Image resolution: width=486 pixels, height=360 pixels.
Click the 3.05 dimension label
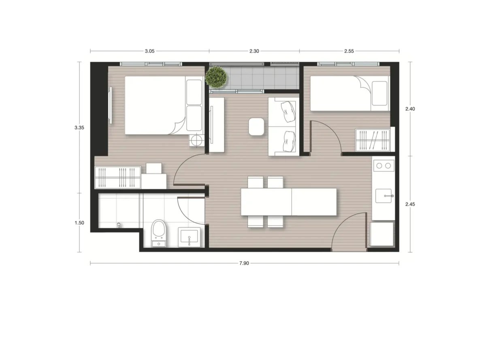[149, 51]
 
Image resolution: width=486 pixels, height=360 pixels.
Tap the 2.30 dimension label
[254, 51]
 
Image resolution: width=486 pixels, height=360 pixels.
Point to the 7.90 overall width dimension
[244, 263]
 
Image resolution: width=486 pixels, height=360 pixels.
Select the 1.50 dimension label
[79, 223]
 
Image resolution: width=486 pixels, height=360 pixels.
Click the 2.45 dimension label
[410, 204]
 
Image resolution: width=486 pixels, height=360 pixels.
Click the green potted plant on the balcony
[216, 77]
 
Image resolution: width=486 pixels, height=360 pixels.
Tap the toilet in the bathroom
[159, 233]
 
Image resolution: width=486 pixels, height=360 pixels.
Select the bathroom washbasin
[189, 237]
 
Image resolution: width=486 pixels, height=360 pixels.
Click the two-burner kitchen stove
[384, 166]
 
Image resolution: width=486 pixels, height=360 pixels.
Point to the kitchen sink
[384, 196]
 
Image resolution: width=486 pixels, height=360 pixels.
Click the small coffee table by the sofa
[256, 126]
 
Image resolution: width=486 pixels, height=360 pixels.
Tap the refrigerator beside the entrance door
[382, 234]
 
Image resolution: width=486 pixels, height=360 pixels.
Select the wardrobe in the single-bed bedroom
[373, 140]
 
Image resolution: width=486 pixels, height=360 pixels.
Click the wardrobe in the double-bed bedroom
[118, 178]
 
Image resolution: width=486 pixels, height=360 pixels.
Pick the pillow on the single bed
[379, 93]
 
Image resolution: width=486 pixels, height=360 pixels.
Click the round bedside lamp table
[197, 139]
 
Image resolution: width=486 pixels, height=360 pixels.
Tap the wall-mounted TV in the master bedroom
[111, 105]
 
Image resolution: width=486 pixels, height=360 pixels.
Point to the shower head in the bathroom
[119, 225]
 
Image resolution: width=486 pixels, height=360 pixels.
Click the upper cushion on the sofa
[288, 111]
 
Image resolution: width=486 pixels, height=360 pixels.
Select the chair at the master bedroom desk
[154, 168]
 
